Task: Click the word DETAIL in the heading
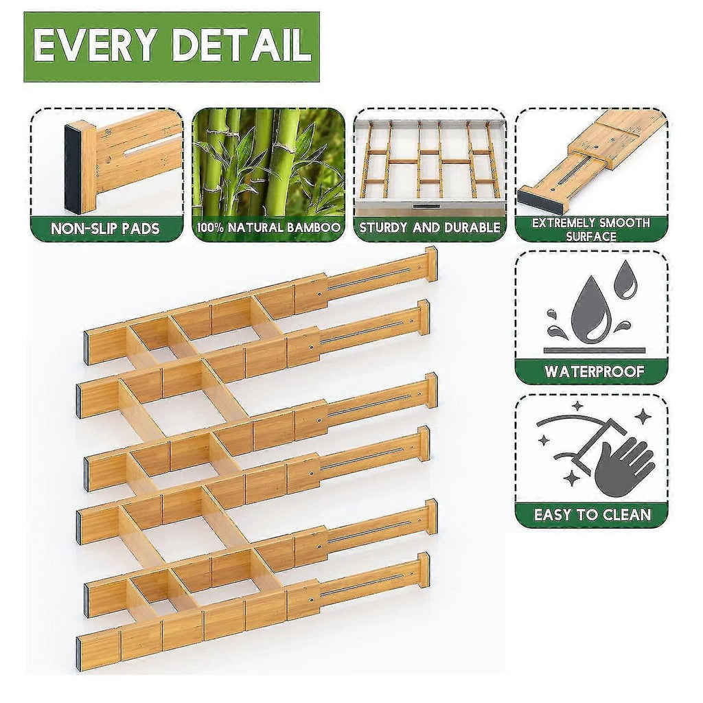click(x=242, y=45)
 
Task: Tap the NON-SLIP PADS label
click(x=105, y=229)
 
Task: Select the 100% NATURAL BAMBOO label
click(x=268, y=228)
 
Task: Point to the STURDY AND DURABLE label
click(x=430, y=228)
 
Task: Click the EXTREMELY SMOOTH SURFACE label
click(x=591, y=229)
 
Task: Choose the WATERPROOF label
click(x=594, y=371)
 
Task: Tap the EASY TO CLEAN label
click(x=592, y=514)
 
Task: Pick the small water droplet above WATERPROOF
click(x=625, y=280)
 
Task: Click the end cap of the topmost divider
click(x=431, y=264)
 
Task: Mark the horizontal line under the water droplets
click(x=594, y=351)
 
